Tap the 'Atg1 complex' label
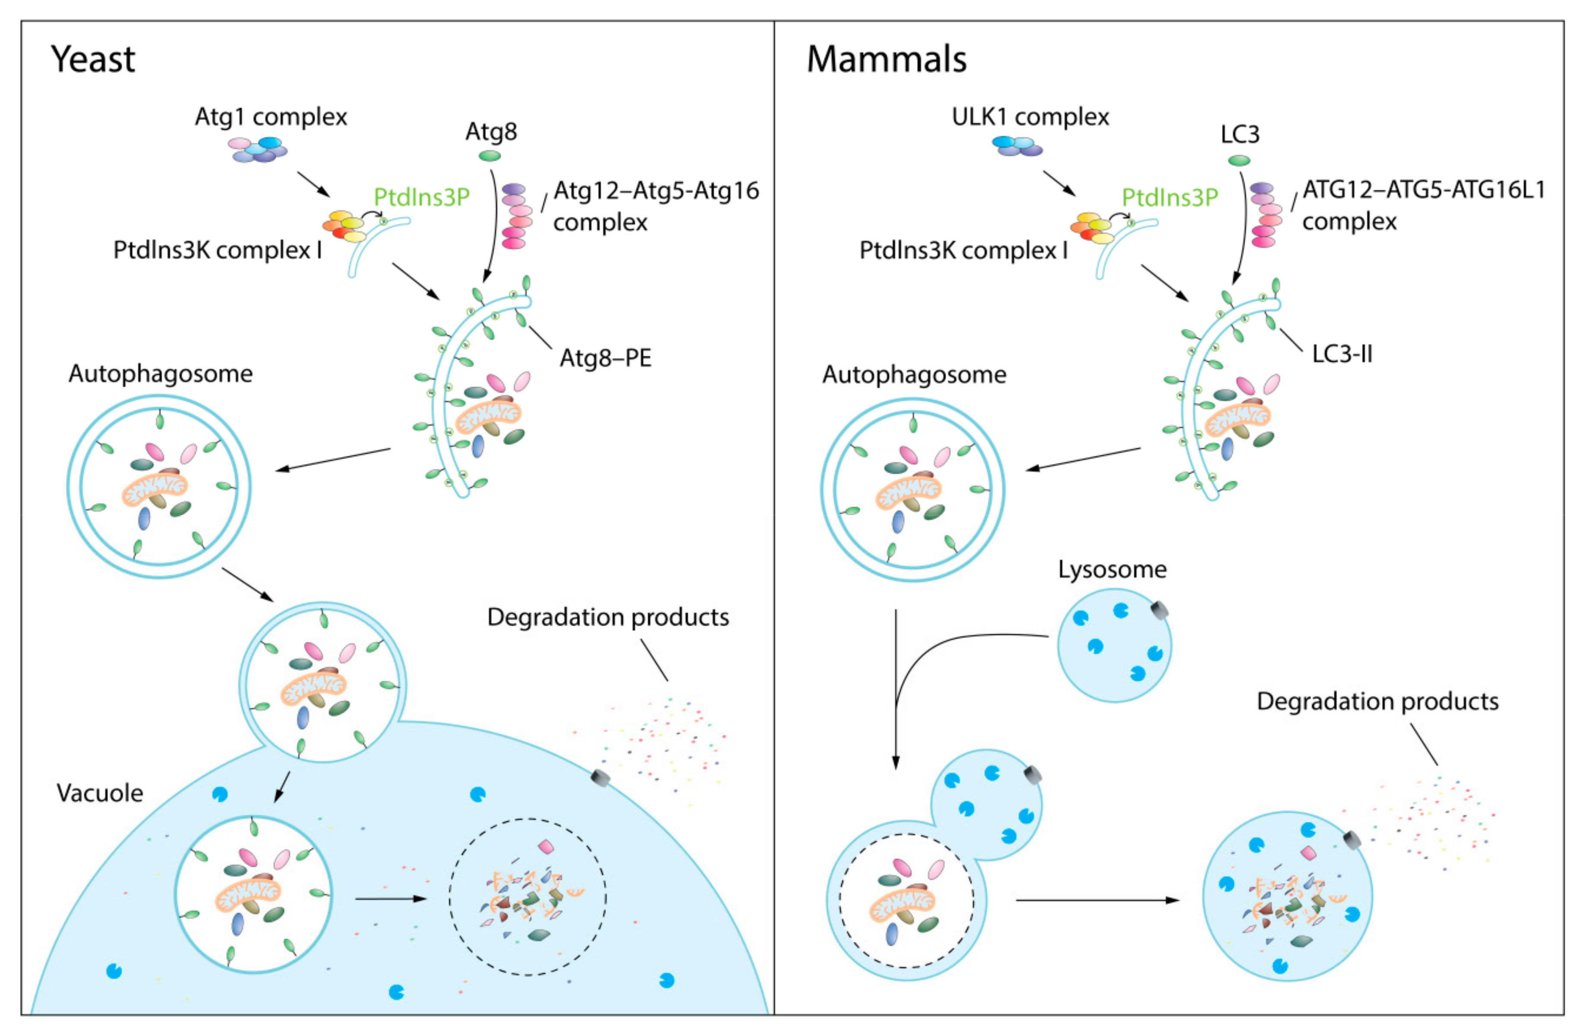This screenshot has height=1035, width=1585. tap(270, 117)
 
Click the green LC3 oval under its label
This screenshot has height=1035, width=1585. tap(1239, 161)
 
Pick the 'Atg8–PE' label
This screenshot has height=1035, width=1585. tap(605, 358)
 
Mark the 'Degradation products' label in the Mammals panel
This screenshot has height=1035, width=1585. tap(1377, 701)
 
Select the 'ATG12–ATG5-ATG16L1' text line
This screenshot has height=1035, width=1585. tap(1423, 190)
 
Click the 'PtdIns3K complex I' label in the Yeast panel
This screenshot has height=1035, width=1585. tap(217, 250)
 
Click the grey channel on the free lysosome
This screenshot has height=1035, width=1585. tap(1159, 610)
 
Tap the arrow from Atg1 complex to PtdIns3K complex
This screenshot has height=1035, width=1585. tap(313, 184)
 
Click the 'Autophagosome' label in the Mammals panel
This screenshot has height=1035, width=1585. tap(914, 375)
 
